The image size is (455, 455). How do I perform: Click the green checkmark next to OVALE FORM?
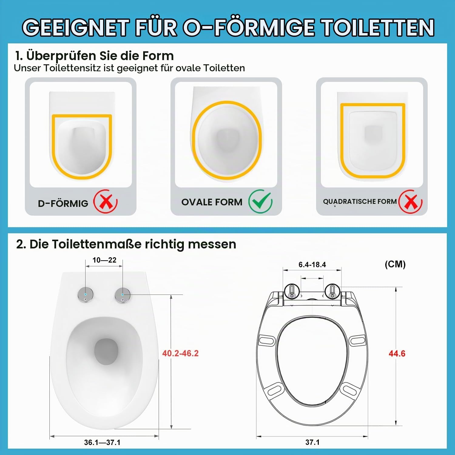tap(260, 201)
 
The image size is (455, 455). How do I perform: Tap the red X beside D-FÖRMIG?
tap(106, 201)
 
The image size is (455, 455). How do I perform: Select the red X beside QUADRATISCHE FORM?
tap(411, 201)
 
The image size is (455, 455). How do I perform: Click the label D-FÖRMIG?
tap(63, 203)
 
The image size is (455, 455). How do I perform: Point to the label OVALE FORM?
tap(212, 202)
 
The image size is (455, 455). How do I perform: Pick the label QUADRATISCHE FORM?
tap(360, 201)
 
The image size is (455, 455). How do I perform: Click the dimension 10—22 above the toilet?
tap(104, 260)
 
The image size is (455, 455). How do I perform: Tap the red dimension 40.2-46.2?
tap(180, 353)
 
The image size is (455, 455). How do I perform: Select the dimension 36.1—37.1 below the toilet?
tap(102, 443)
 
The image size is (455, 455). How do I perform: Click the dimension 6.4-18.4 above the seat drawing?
tap(312, 265)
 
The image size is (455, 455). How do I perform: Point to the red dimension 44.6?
tap(397, 353)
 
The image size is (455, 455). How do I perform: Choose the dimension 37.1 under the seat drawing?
tap(312, 442)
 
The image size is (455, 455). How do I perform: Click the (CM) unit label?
tap(395, 264)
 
